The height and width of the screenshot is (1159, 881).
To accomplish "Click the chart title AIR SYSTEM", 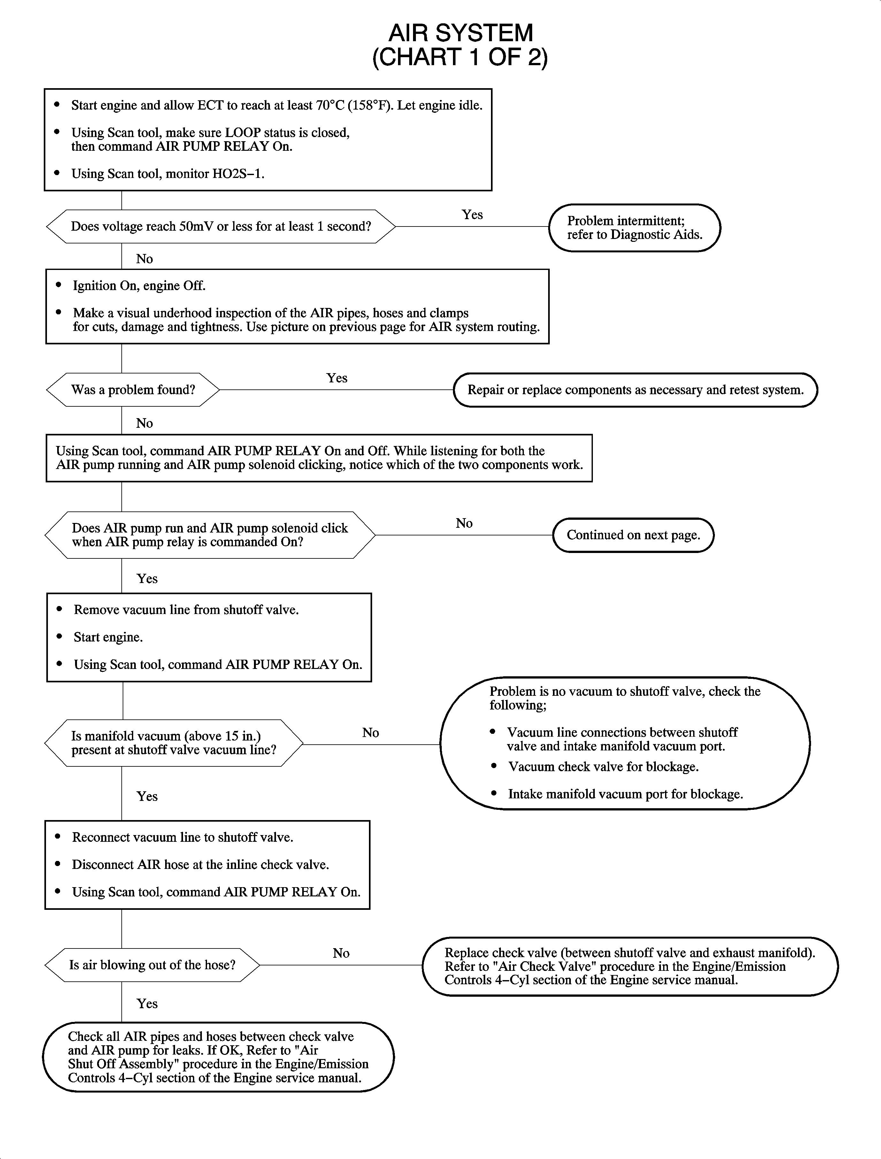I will [460, 33].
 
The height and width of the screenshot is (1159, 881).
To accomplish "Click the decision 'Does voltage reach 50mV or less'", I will [221, 226].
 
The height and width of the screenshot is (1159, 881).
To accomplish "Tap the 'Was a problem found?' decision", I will [133, 390].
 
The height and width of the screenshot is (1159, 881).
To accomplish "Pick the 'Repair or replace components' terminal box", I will [635, 390].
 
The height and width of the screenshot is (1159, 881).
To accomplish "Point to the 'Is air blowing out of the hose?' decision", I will [152, 965].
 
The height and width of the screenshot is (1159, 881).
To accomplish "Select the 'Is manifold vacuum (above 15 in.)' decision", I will [173, 743].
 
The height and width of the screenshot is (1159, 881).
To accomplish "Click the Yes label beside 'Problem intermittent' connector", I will [472, 214].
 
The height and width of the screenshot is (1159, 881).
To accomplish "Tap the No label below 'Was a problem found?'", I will [144, 423].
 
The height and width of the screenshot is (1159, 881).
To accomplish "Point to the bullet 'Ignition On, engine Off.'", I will [139, 286].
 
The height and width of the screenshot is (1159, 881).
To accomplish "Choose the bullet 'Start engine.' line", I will [108, 637].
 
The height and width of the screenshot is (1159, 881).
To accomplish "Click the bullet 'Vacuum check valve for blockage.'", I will [603, 767].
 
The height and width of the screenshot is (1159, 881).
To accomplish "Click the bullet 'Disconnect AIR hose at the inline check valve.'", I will [200, 865].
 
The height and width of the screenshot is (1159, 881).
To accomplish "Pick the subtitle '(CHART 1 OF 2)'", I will [460, 57].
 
